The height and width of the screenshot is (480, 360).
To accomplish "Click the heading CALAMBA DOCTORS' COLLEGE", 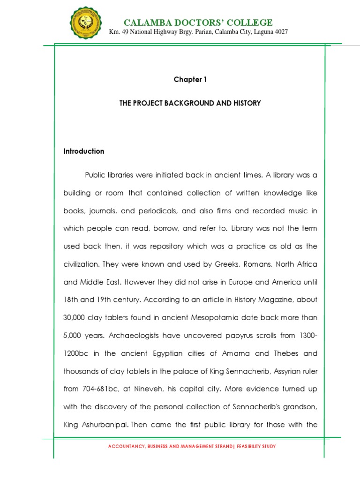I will click(197, 22).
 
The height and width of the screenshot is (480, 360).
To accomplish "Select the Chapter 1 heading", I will click(190, 80).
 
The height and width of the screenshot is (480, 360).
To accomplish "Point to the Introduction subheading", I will click(84, 151).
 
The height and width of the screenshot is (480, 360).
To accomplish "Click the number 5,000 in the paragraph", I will click(73, 336).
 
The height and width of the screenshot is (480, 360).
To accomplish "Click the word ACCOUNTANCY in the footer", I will click(125, 447).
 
